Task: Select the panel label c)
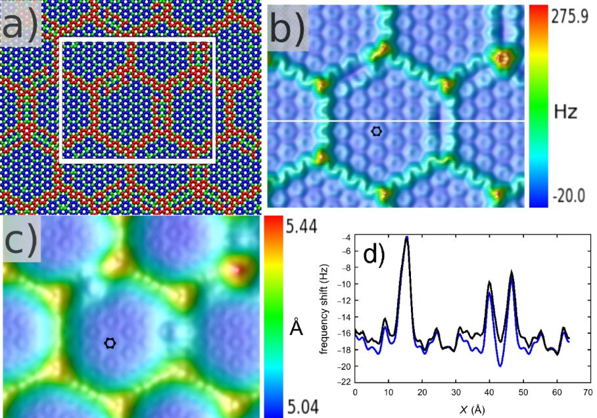(x=21, y=242)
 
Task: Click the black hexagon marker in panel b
(x=376, y=131)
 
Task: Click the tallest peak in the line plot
(x=407, y=237)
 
